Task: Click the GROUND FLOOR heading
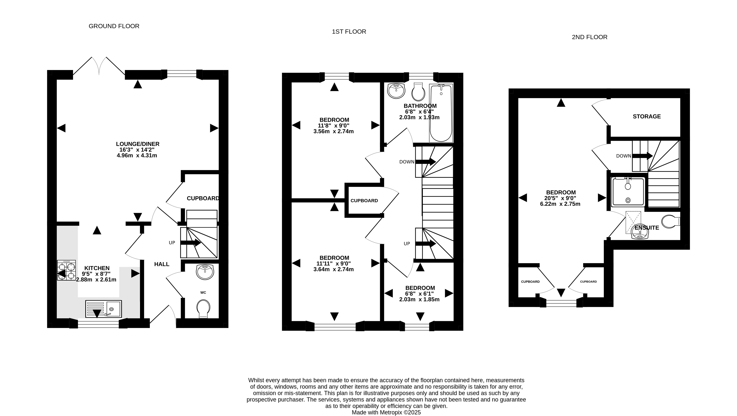coord(114,26)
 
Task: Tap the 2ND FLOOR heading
coord(589,37)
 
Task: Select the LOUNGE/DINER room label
coord(138,144)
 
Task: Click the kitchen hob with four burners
coord(66,270)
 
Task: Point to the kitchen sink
coord(104,309)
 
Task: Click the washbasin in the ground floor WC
coord(205,272)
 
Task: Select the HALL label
coord(162,264)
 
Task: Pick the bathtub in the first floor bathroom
coord(441,113)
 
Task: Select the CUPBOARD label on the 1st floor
coord(364,201)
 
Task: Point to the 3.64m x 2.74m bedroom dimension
coord(334,269)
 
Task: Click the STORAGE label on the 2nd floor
coord(647,116)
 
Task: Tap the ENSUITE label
coord(647,228)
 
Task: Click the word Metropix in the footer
coord(391,412)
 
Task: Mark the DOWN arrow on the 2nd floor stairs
coord(642,156)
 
